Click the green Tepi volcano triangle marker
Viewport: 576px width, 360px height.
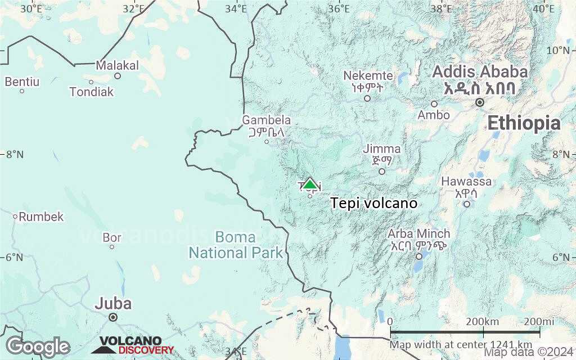click(309, 184)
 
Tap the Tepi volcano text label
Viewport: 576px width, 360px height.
click(374, 203)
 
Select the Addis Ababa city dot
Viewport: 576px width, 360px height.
click(479, 102)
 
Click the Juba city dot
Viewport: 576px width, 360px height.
click(113, 317)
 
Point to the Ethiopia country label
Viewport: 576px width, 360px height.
click(524, 123)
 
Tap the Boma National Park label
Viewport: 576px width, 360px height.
click(236, 245)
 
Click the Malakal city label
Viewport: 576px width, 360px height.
click(117, 65)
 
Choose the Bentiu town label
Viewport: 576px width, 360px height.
click(22, 82)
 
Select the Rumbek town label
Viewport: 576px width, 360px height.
click(42, 217)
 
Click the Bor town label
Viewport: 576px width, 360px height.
click(112, 237)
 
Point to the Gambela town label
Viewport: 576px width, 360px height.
click(267, 120)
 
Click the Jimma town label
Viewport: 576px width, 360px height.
click(382, 149)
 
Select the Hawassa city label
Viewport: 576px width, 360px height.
click(466, 182)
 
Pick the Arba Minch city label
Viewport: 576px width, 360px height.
click(419, 233)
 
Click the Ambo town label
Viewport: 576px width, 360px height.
click(434, 115)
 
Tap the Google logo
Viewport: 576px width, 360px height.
click(38, 346)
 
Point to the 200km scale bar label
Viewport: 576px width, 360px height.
click(483, 321)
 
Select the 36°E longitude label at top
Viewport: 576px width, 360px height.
click(339, 8)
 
